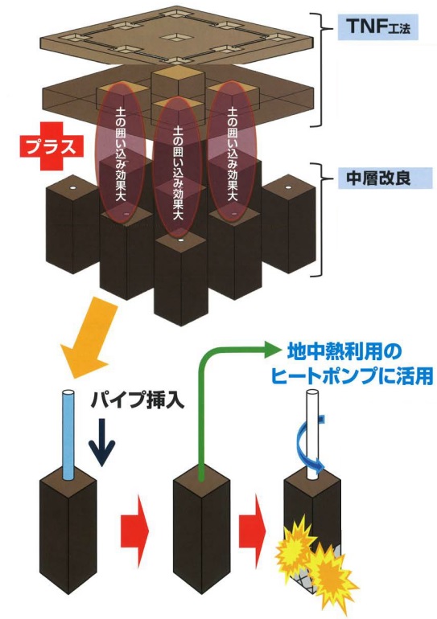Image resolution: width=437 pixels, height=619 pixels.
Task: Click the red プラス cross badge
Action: coord(52,146)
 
